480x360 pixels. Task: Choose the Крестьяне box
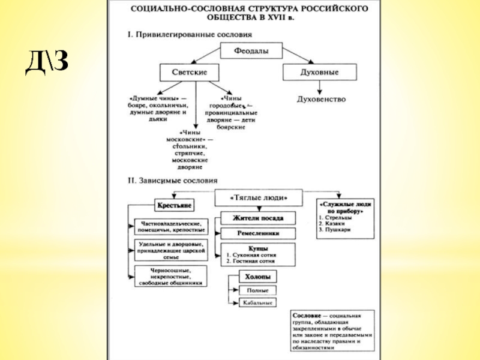click(174, 206)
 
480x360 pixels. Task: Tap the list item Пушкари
click(336, 229)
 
